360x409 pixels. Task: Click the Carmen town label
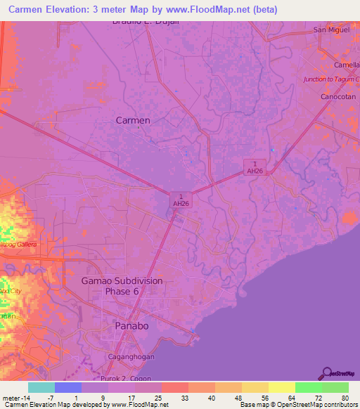132,120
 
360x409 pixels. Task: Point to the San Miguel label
330,30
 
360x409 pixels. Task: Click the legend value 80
345,398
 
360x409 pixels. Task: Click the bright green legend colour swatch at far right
335,387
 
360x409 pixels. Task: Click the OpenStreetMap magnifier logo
326,372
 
